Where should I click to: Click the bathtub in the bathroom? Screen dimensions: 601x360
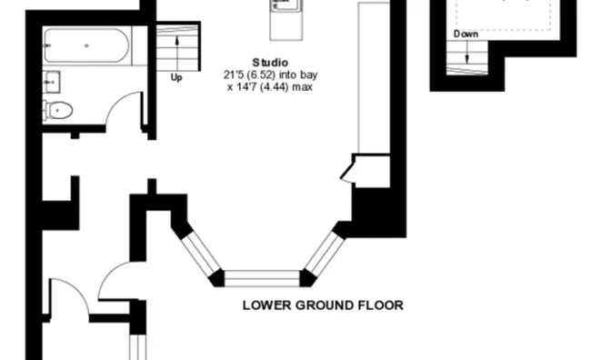[87, 45]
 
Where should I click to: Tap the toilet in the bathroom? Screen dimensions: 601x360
[58, 110]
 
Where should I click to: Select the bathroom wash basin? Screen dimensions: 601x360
[51, 82]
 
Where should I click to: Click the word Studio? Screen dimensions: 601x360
[270, 62]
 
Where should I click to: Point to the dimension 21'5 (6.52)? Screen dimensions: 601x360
[249, 75]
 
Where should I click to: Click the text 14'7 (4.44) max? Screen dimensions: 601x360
[275, 87]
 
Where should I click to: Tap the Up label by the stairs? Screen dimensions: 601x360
[176, 77]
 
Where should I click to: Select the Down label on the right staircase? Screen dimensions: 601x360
[466, 35]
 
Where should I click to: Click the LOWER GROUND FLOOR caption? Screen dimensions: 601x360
[323, 305]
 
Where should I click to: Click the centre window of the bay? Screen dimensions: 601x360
[262, 278]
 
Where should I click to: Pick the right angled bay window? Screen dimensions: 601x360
[324, 253]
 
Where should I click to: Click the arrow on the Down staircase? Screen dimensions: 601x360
[466, 52]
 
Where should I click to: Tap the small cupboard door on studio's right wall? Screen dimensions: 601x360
[347, 171]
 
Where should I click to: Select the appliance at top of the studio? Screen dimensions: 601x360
[285, 20]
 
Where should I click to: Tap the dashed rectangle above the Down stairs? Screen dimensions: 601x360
[504, 15]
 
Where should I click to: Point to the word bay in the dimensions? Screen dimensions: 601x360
[309, 75]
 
